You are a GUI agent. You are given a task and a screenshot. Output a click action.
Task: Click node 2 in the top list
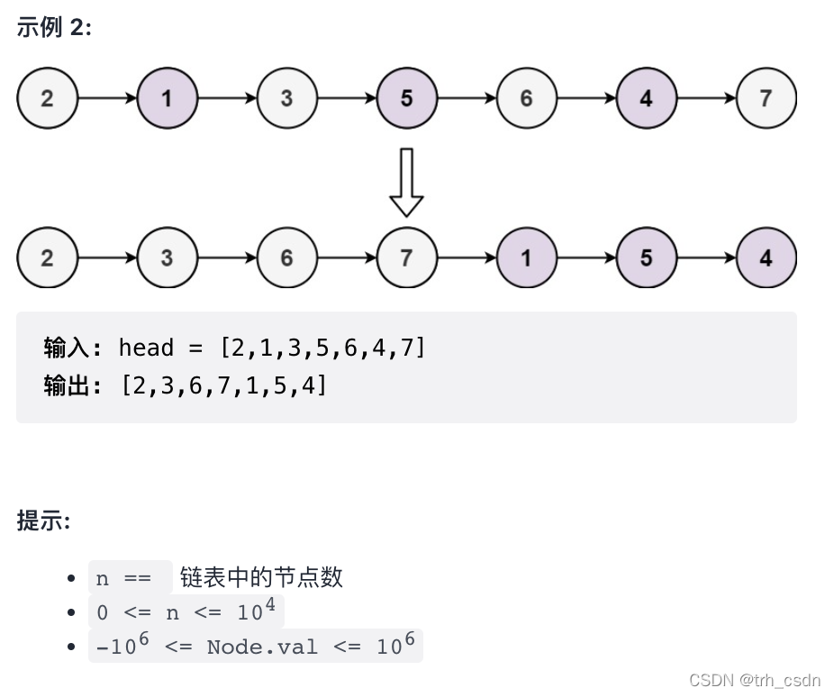47,97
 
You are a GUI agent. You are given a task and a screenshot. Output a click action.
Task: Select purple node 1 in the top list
167,97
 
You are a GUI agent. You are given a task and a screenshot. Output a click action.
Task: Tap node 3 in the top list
286,97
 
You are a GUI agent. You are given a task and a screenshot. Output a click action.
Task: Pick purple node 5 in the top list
406,97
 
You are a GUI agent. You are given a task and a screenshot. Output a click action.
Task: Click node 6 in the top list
526,97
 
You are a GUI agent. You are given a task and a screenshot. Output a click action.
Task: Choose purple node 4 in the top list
646,97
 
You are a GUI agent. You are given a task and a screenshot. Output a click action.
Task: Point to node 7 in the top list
766,97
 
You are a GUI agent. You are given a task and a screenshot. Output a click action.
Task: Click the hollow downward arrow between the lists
406,182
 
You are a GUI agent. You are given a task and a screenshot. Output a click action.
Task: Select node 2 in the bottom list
47,258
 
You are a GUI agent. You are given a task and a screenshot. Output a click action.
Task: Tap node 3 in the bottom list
167,258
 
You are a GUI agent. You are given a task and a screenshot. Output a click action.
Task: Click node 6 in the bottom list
286,258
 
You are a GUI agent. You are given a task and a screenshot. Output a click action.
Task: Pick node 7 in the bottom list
406,258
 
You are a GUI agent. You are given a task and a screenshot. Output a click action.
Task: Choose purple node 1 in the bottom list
526,258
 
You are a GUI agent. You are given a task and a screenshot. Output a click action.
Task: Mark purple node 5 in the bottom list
646,258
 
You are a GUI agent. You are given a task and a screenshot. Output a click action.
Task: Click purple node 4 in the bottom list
766,258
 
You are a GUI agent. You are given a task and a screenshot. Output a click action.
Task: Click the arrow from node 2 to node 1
106,97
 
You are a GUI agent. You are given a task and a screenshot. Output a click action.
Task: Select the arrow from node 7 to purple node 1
466,258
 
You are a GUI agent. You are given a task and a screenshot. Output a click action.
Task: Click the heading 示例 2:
54,27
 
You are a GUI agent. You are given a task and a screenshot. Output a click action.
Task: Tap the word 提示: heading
43,520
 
